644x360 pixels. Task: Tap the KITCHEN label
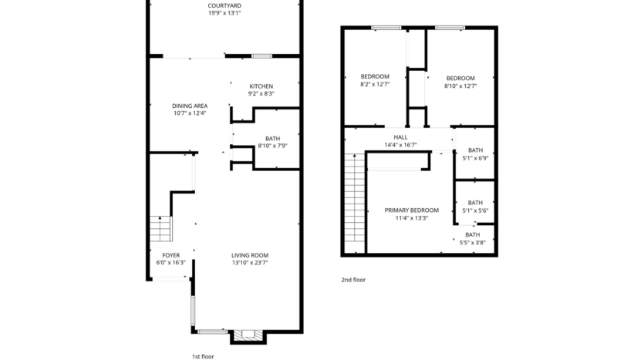(261, 86)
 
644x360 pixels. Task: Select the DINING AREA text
(190, 106)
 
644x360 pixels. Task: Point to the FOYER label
(170, 255)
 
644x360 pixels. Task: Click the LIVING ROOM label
(250, 255)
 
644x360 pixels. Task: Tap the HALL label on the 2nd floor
(400, 137)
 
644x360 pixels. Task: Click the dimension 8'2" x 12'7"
(375, 86)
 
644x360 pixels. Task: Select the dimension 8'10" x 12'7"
(460, 86)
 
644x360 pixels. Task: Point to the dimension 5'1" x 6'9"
(475, 158)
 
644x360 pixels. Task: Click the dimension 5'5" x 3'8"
(472, 242)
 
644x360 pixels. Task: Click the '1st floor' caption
(204, 356)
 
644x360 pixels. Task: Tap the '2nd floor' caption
(353, 280)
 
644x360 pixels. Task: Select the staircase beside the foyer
(160, 229)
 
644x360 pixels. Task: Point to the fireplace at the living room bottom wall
(247, 335)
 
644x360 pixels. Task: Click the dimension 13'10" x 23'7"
(250, 263)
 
